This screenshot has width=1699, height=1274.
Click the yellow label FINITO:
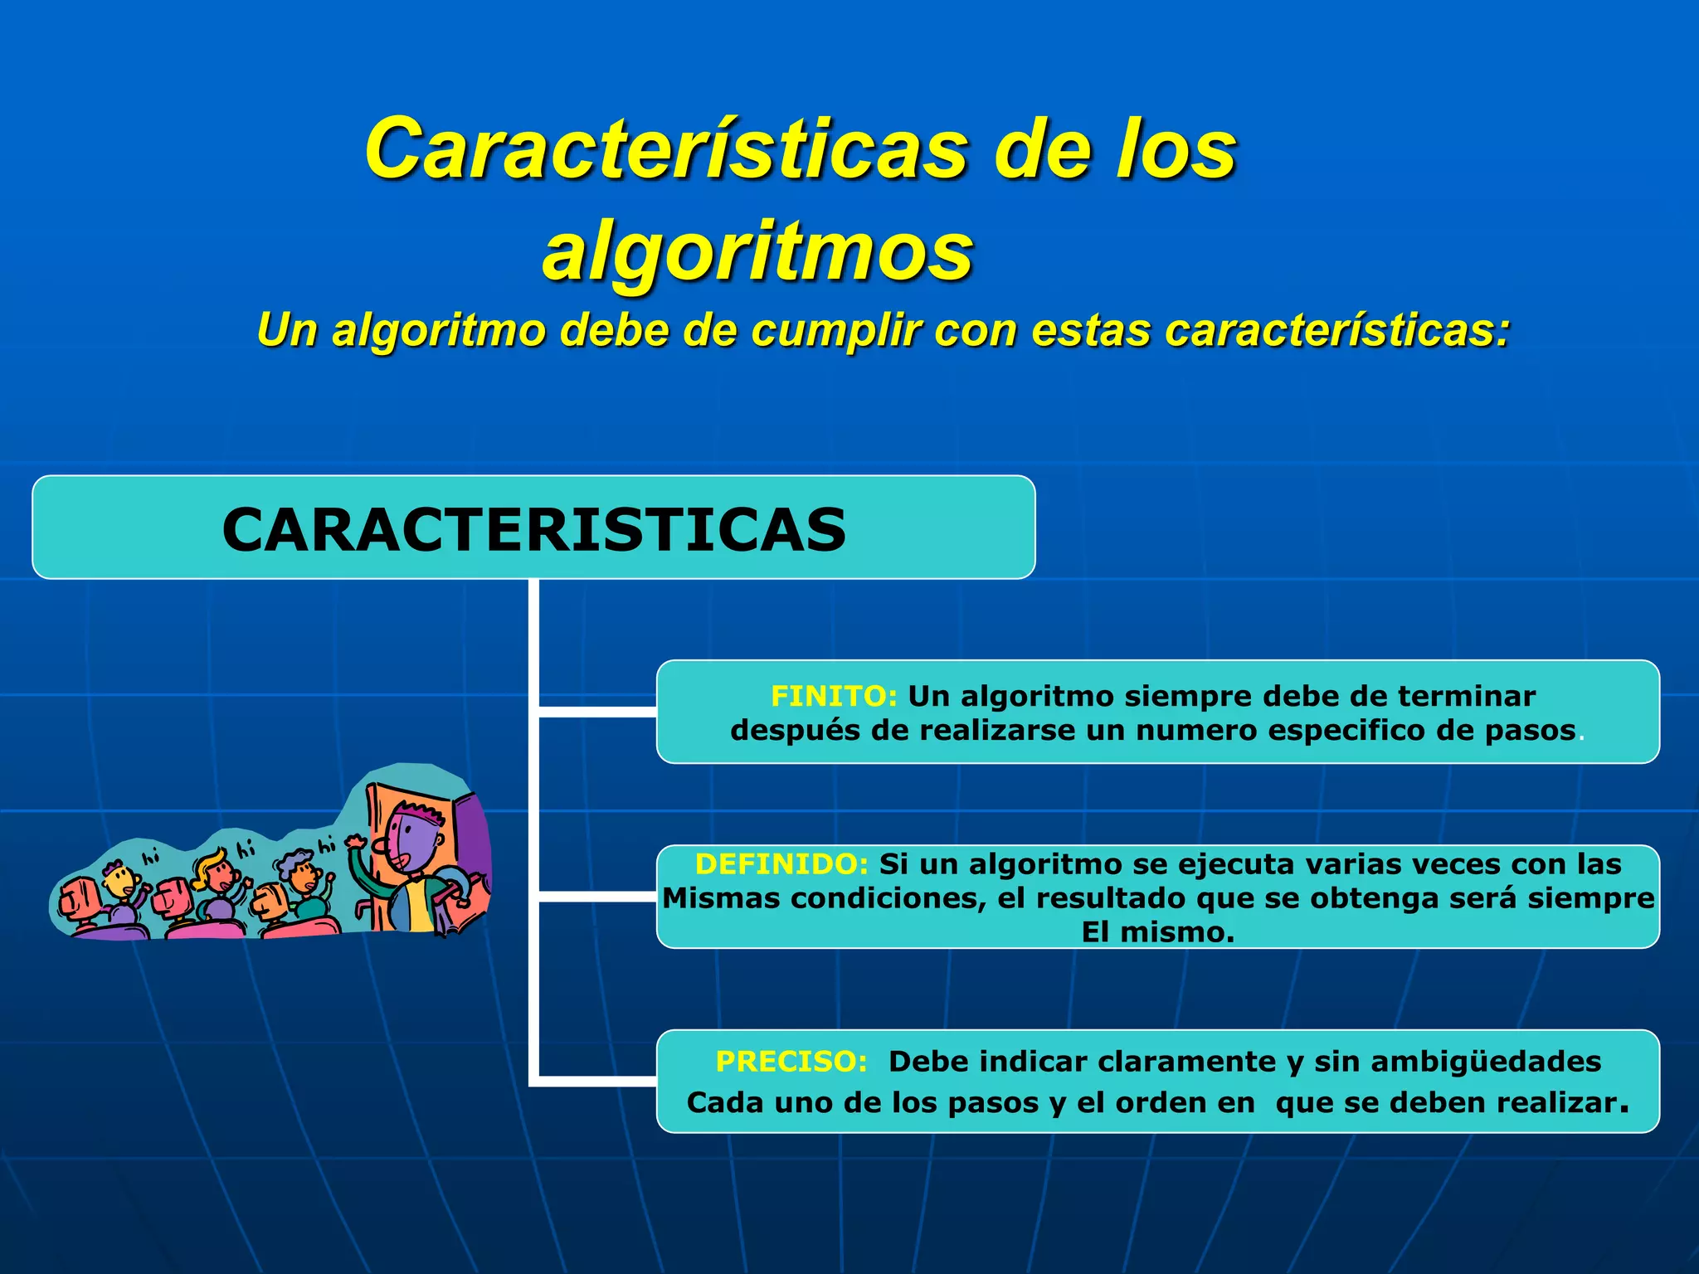pos(834,696)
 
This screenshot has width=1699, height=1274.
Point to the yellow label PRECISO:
pos(791,1062)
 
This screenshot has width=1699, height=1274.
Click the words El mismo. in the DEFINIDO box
pos(1158,932)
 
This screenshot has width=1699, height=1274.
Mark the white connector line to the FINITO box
pos(597,712)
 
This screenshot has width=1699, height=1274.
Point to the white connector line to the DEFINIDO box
pos(597,897)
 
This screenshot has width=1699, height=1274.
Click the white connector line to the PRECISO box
pos(597,1081)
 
